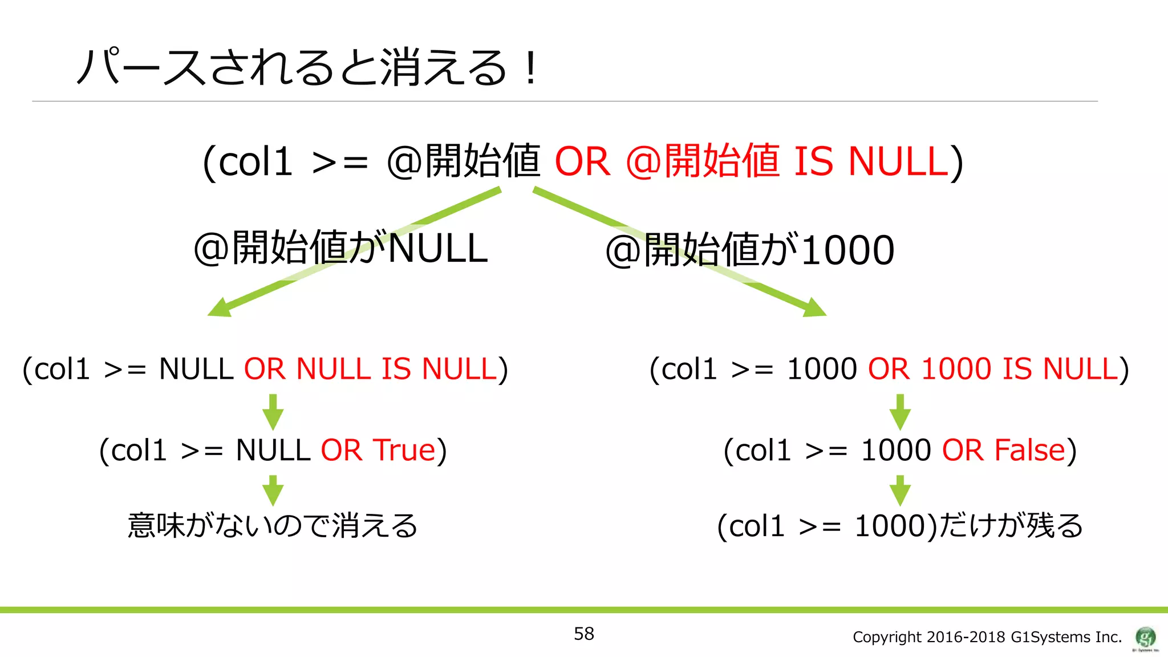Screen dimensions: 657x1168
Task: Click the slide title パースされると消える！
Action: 308,67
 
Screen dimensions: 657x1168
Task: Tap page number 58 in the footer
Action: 583,634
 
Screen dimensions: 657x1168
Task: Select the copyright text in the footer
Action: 987,637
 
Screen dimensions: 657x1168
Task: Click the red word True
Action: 404,450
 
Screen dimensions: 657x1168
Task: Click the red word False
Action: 1029,450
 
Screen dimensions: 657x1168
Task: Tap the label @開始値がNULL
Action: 340,249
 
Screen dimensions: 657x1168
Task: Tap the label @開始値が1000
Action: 749,250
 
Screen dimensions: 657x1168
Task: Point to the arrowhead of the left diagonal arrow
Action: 218,309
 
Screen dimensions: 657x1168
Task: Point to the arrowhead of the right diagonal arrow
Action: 816,308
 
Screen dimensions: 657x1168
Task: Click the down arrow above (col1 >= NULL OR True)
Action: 273,412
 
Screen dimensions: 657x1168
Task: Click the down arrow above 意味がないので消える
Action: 273,490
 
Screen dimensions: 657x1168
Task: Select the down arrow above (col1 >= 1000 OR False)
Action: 900,412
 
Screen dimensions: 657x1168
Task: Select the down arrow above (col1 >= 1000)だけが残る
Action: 900,490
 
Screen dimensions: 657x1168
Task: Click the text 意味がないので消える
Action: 273,525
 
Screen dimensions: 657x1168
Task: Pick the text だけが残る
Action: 1010,525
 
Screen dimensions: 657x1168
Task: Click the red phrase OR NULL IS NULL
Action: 371,369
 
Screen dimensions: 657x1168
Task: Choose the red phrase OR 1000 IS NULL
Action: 993,369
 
